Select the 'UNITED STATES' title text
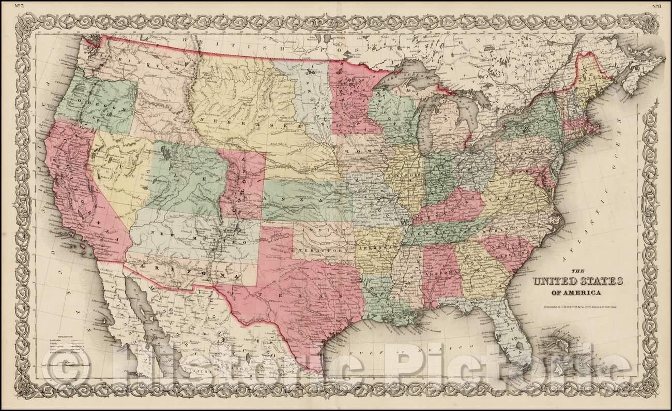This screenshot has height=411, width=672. (x=575, y=283)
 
